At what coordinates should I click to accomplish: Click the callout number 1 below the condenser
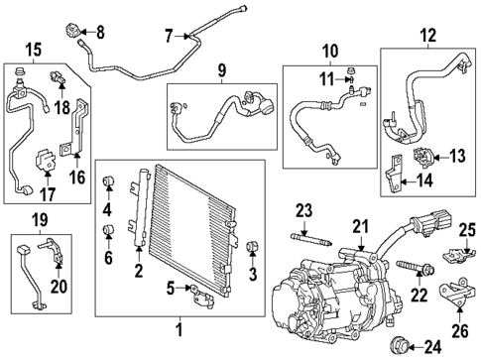tap(180, 329)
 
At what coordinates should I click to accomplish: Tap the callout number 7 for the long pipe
tap(169, 37)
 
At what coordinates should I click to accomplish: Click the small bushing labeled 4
tap(108, 181)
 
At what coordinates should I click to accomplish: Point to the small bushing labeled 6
tap(108, 234)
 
